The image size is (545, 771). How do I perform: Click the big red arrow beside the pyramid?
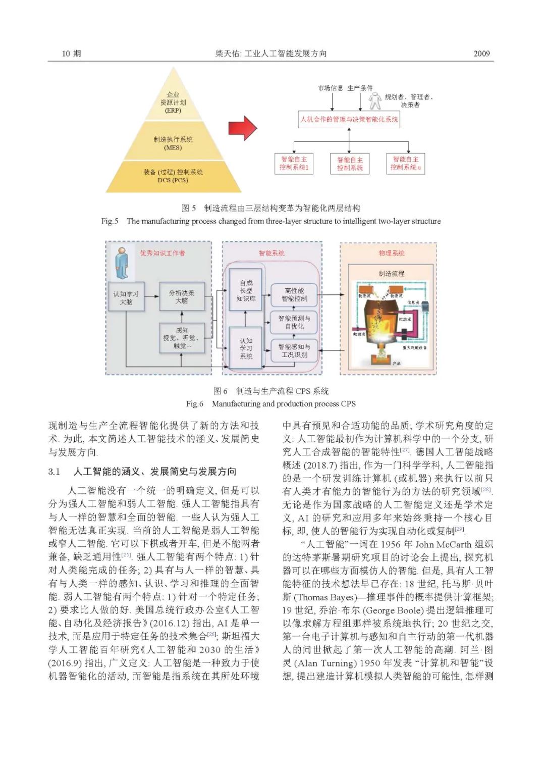(242, 128)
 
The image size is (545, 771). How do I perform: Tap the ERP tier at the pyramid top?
(173, 101)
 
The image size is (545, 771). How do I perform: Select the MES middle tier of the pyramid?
(173, 143)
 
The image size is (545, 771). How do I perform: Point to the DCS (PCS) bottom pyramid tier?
(173, 176)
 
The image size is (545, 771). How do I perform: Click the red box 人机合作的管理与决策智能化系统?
(349, 120)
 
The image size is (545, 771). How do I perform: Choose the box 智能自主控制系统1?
(294, 164)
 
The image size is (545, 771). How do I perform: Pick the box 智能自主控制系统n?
(406, 164)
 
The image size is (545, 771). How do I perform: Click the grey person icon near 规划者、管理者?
(374, 101)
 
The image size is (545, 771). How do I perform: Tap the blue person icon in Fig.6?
(122, 263)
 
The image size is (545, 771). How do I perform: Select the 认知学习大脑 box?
(126, 297)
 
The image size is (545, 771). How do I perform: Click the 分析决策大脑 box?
(182, 296)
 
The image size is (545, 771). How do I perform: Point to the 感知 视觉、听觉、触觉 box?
(182, 338)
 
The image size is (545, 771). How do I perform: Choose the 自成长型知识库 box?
(246, 291)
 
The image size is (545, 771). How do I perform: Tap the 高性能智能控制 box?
(294, 295)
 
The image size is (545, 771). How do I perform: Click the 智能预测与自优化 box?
(294, 322)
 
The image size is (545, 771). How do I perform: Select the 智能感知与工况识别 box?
(294, 350)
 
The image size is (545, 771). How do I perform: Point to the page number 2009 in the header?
(481, 54)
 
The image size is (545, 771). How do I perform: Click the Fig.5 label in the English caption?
(110, 221)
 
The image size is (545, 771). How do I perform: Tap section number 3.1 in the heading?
(54, 472)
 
